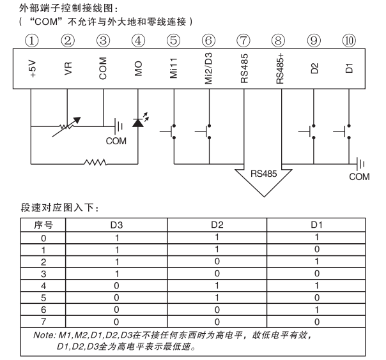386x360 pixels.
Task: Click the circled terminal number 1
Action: point(33,41)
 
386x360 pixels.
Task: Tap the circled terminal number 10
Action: point(349,41)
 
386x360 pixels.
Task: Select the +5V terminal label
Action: point(34,69)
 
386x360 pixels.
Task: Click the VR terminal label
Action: point(68,69)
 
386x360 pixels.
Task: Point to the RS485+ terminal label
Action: point(280,68)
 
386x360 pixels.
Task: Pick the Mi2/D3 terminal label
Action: point(209,66)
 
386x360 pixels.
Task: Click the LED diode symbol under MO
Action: point(138,122)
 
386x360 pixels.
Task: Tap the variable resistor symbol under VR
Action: point(68,125)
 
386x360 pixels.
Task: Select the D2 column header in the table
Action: point(217,225)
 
